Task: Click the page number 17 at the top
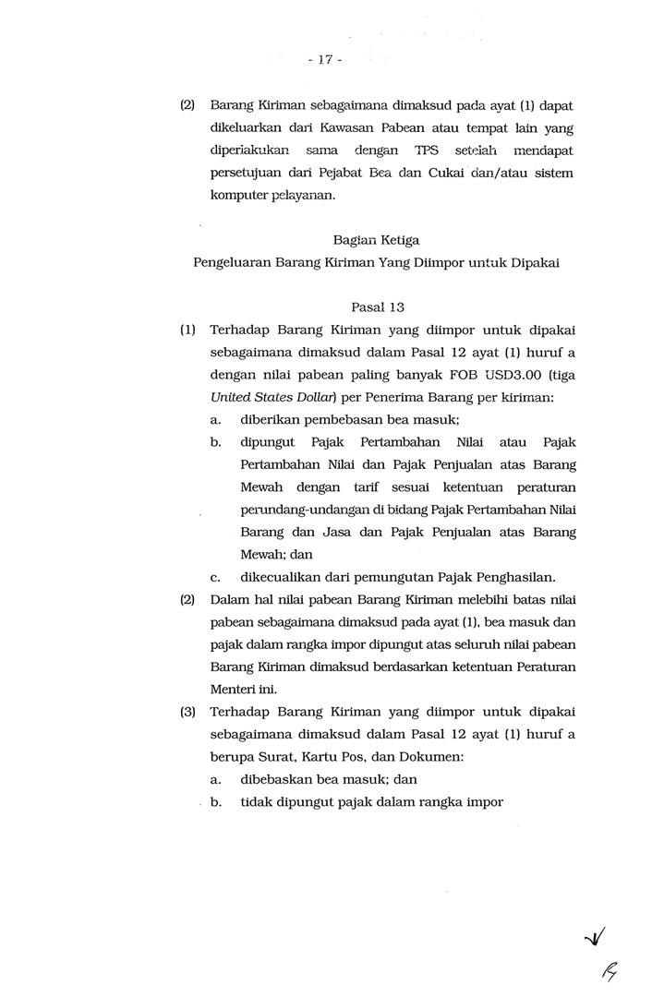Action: click(x=324, y=60)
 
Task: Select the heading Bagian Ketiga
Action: click(x=377, y=239)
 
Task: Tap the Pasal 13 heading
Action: click(x=378, y=306)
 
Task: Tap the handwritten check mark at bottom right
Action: click(x=596, y=940)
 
